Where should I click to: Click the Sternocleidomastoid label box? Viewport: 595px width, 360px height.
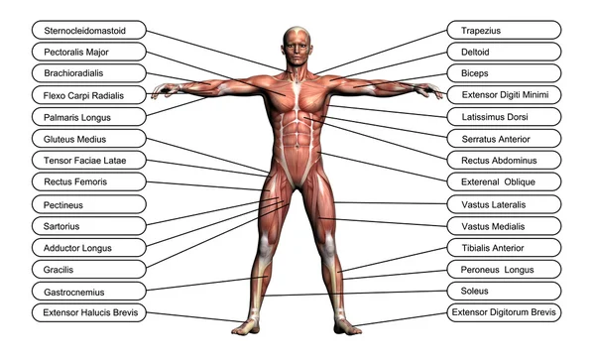point(90,30)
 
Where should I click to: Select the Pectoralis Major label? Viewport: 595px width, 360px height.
point(90,52)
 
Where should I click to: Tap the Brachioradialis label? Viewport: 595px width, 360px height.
point(90,73)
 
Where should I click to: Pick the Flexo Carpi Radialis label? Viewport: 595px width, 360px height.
point(90,95)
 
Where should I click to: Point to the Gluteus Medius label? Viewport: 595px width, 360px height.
point(90,139)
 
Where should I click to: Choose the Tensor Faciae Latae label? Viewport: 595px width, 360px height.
point(90,161)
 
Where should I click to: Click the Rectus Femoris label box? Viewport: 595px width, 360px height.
point(90,182)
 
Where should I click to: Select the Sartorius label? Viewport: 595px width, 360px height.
point(90,226)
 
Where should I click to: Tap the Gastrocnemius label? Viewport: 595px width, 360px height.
point(90,292)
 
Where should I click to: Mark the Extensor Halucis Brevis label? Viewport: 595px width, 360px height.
point(90,313)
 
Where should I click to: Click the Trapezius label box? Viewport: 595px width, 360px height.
point(504,30)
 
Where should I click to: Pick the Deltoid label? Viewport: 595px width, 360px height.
point(504,52)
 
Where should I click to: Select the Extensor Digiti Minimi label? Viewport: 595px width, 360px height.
point(504,95)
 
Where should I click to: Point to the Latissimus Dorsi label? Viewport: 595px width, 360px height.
point(504,117)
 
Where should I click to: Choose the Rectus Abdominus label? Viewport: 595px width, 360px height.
point(504,161)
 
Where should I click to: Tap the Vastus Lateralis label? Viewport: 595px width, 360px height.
point(504,204)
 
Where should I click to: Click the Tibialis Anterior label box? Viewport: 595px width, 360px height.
point(504,248)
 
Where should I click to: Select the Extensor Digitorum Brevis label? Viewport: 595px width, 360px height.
point(504,313)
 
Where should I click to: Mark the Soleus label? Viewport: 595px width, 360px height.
point(504,292)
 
